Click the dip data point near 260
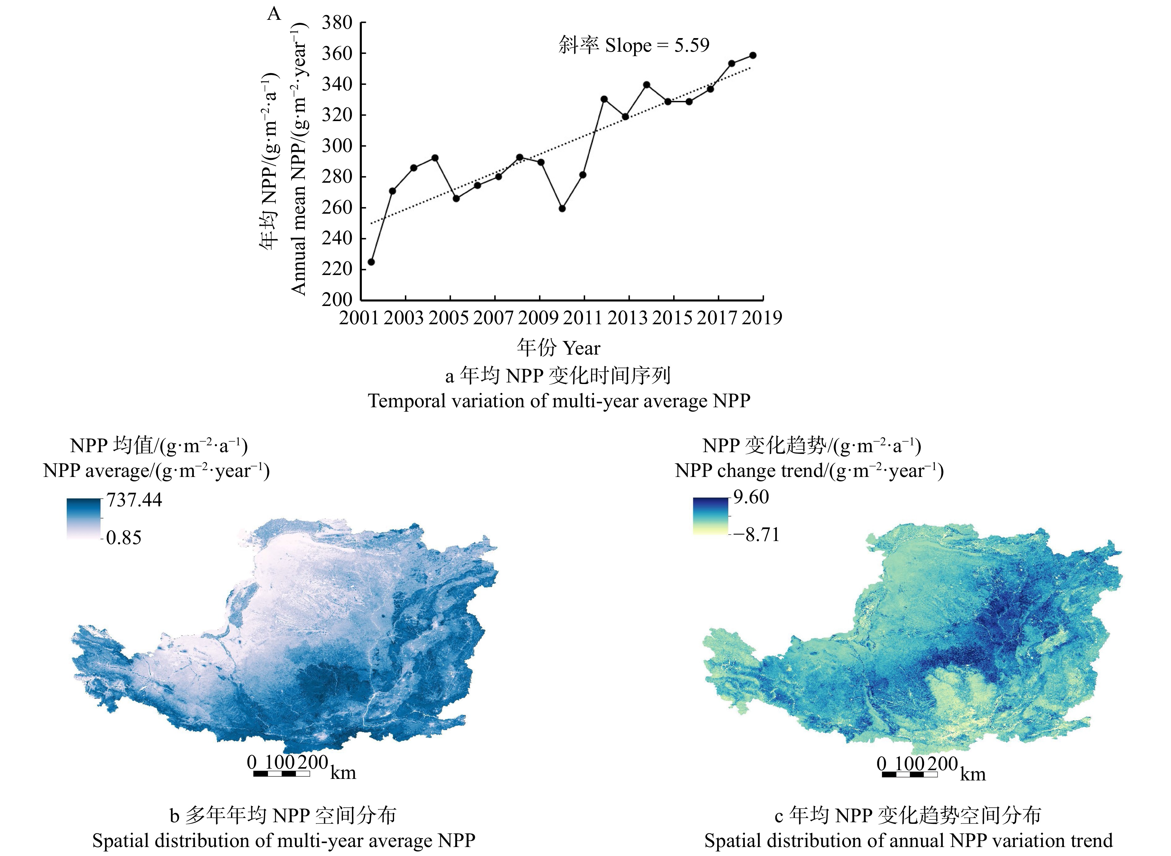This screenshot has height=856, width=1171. point(562,209)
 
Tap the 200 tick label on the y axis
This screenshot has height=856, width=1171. point(337,299)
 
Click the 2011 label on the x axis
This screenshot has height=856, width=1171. point(583,318)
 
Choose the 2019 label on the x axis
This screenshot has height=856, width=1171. point(761,318)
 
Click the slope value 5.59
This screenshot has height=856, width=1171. point(691,46)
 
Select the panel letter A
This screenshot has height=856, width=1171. point(274,14)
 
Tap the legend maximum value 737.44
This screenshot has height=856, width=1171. point(134,500)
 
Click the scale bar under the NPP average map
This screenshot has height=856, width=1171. point(282,774)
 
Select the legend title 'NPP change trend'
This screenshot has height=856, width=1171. point(809,470)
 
